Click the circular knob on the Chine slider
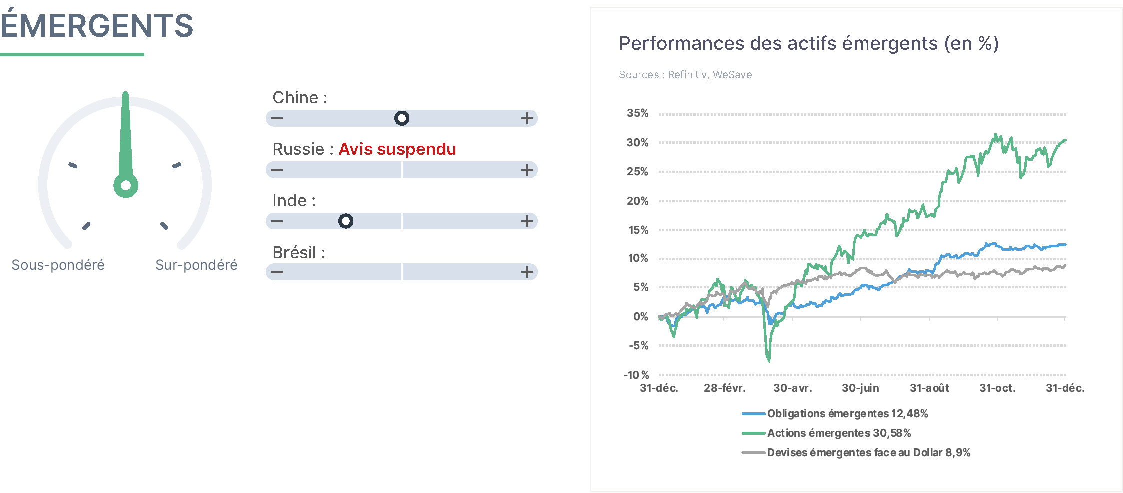402,118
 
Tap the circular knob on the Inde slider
346,221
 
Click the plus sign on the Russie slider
527,170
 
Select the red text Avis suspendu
397,149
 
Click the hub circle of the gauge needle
126,185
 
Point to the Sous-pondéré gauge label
58,265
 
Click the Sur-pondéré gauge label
196,265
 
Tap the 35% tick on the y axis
638,113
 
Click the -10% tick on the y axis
636,375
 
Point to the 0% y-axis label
641,316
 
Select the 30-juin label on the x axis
860,388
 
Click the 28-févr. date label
725,388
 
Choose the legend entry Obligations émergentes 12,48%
835,413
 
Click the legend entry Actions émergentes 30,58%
826,433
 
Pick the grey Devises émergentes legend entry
856,452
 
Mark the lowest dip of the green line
769,360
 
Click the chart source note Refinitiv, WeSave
710,75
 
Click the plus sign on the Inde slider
527,221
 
